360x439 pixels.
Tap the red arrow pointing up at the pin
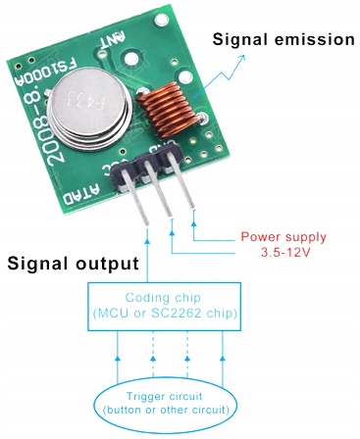(195, 220)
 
